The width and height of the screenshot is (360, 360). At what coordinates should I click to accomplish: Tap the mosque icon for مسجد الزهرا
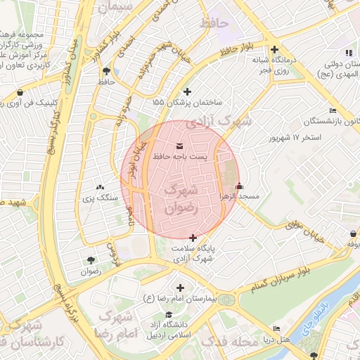click(x=240, y=186)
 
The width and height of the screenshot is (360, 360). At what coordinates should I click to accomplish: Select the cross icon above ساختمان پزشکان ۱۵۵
click(x=186, y=91)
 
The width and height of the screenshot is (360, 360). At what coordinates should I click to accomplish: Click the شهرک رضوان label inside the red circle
click(x=181, y=199)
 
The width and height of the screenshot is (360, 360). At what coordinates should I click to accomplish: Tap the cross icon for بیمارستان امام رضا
click(x=181, y=288)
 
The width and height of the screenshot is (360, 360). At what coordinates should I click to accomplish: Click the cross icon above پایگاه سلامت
click(x=193, y=238)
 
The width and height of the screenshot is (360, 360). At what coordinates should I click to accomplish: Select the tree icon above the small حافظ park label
click(x=106, y=71)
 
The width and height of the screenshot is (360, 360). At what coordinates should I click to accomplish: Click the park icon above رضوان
click(x=90, y=260)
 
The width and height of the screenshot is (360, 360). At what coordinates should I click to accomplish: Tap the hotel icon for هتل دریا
click(x=276, y=329)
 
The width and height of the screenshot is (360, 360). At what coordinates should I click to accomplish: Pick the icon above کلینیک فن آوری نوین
click(x=20, y=92)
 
